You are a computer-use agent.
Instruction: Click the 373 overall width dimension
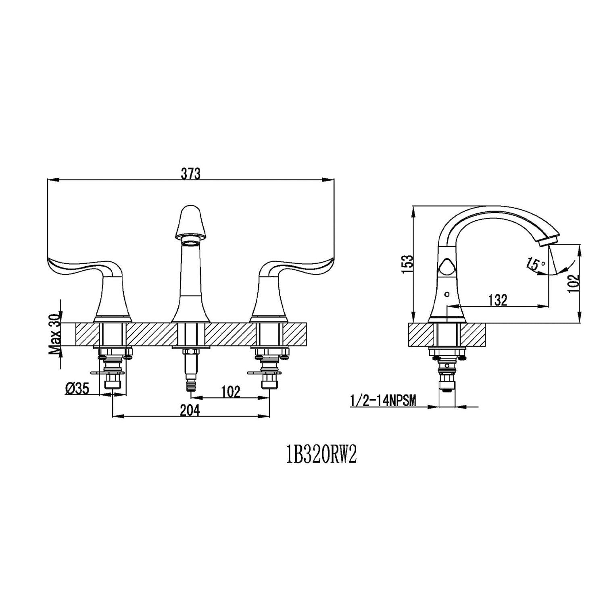pos(190,173)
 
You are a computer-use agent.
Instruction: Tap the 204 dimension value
pos(190,410)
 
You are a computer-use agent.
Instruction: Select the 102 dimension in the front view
pos(231,392)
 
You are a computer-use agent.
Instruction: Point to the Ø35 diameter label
pos(77,389)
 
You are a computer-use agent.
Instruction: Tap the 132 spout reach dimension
pos(497,300)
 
